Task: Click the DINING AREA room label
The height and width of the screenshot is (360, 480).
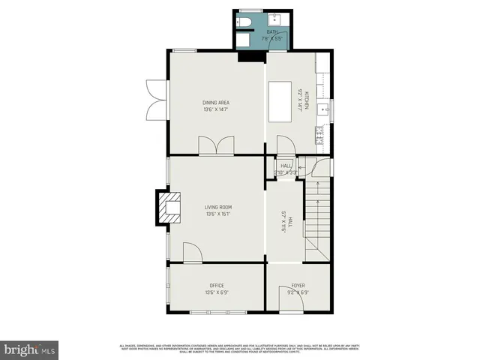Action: pyautogui.click(x=215, y=103)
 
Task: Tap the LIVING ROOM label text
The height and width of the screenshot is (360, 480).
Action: pyautogui.click(x=218, y=207)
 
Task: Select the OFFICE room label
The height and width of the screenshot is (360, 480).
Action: pyautogui.click(x=217, y=285)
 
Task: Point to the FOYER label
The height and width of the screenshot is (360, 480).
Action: pyautogui.click(x=298, y=285)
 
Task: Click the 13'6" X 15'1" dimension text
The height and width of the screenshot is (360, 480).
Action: pyautogui.click(x=218, y=214)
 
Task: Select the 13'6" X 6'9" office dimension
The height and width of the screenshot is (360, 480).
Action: pyautogui.click(x=217, y=292)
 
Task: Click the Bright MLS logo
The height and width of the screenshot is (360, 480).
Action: pyautogui.click(x=30, y=349)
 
